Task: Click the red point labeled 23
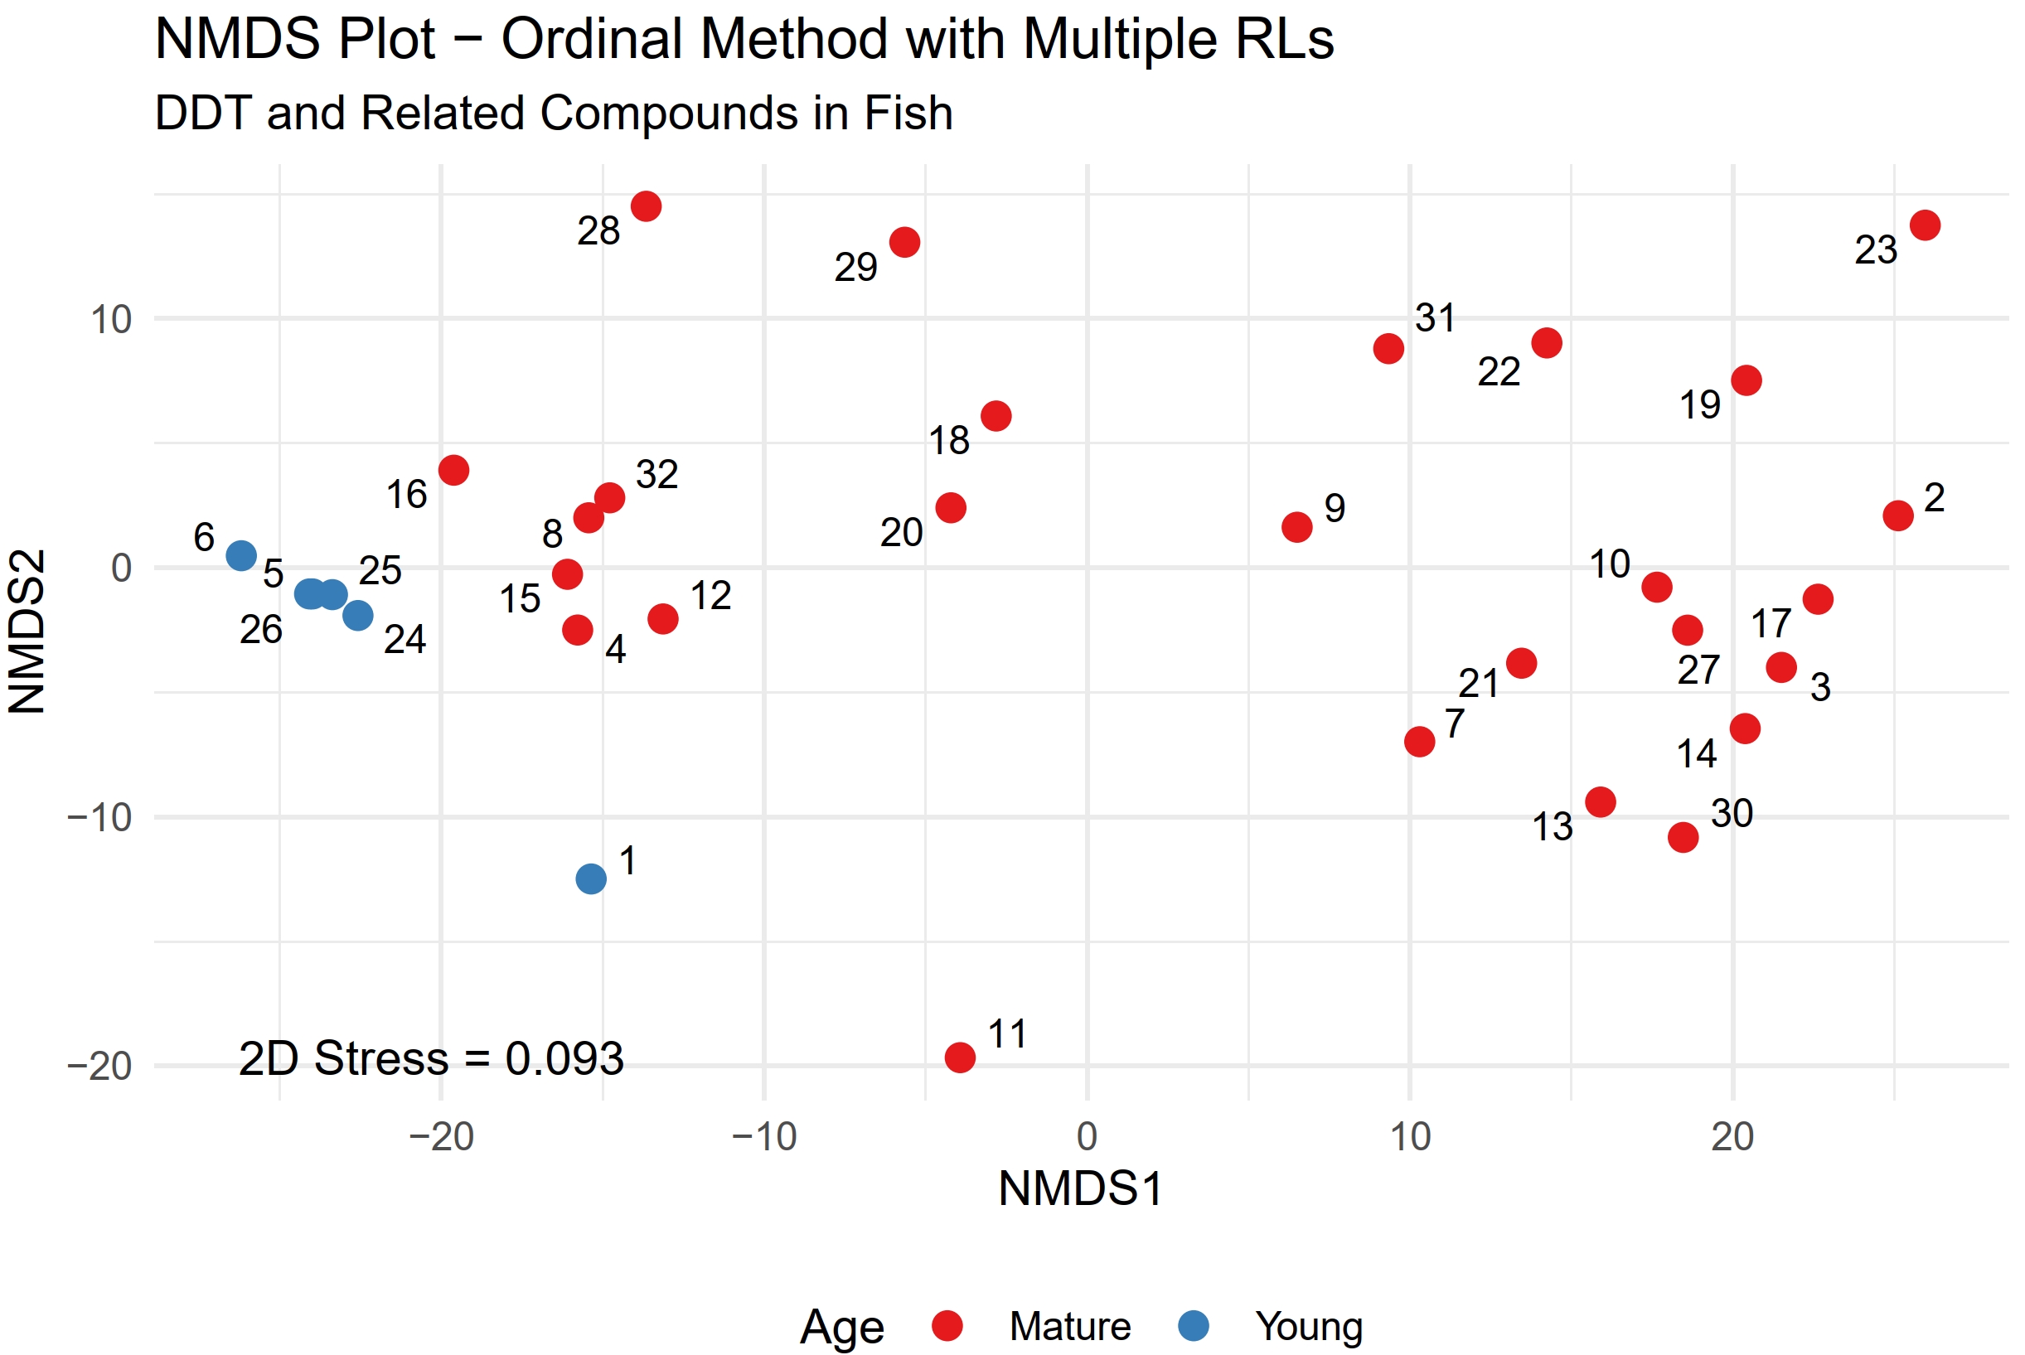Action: [1925, 225]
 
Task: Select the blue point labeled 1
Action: [591, 878]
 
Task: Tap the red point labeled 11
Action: [960, 1057]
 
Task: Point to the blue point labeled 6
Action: [241, 555]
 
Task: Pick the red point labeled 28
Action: [647, 206]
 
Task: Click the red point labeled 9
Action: [1297, 527]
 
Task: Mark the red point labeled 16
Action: [453, 470]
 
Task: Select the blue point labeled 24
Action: [358, 615]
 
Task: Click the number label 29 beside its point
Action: [855, 267]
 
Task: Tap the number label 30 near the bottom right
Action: [1732, 813]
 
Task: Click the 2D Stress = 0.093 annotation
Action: [430, 1058]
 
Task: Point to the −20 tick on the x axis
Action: [442, 1137]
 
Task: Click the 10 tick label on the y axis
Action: [110, 320]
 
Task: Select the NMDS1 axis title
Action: [1079, 1188]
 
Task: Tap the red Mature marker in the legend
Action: [947, 1326]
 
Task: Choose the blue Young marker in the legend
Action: [1194, 1326]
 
